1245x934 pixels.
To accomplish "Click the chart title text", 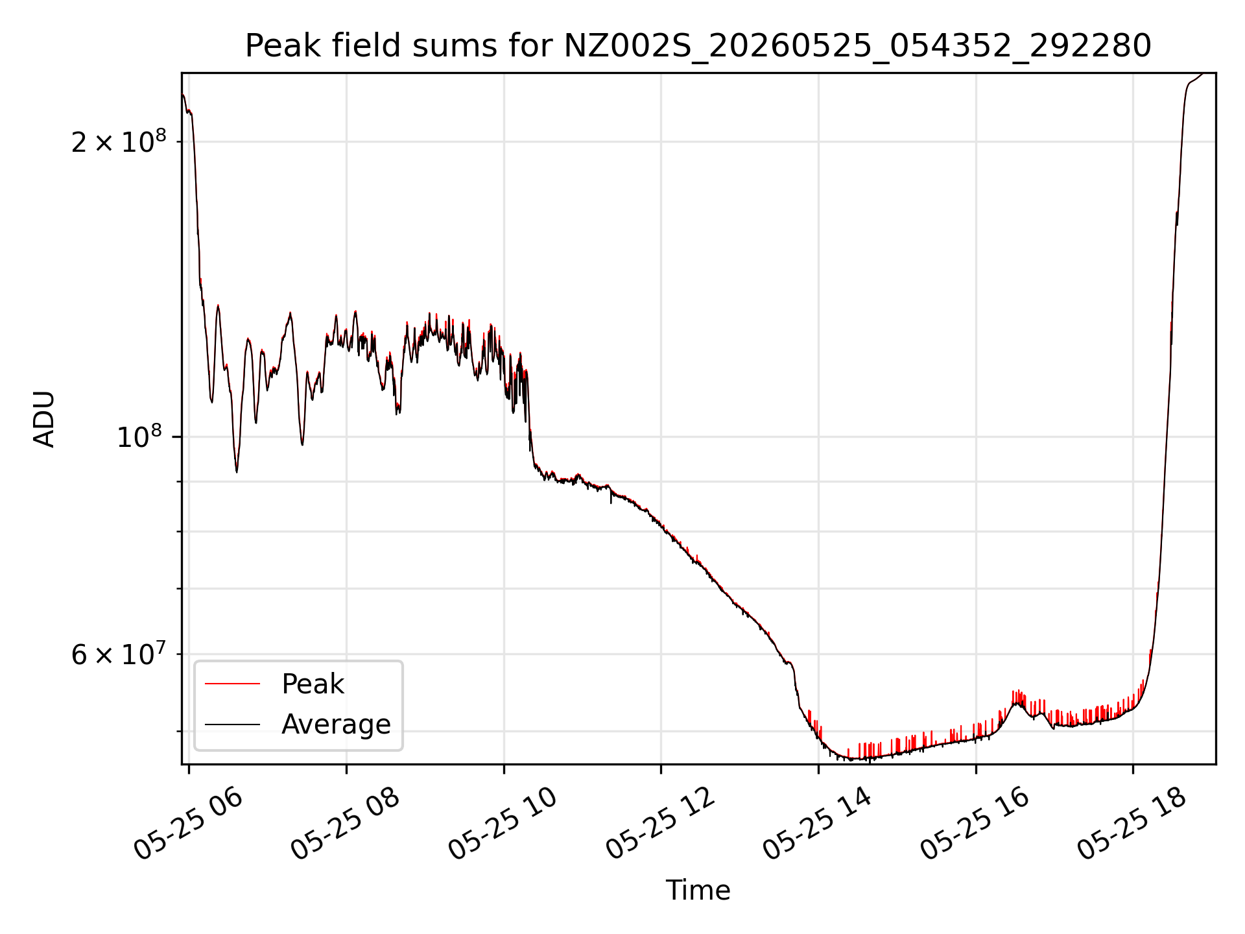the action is [698, 46].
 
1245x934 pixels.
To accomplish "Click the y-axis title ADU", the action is [44, 419].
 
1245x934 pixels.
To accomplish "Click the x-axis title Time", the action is [698, 891].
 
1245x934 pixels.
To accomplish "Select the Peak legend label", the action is [313, 684].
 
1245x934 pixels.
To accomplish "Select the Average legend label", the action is [336, 724].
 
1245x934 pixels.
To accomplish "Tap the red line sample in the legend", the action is [232, 684].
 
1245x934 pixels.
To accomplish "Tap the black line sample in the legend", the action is [232, 724].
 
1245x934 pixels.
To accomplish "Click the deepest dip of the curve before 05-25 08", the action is [237, 470].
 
